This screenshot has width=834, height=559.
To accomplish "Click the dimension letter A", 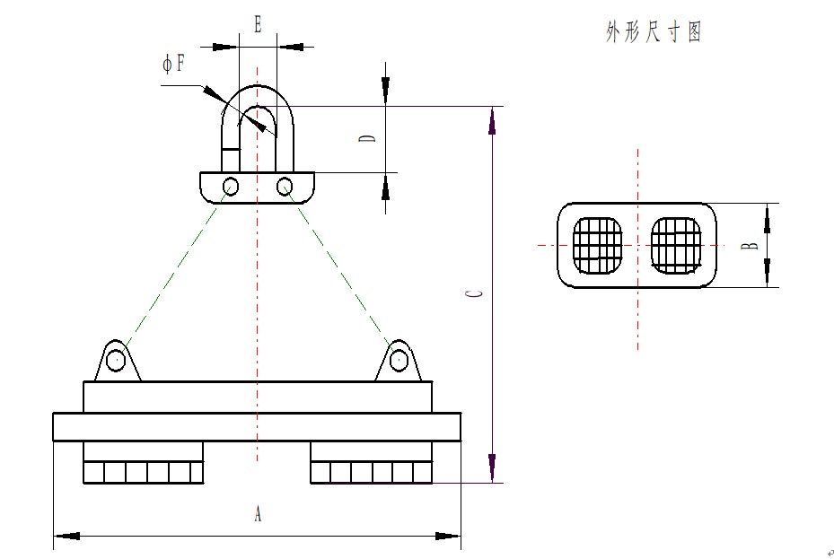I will pos(258,514).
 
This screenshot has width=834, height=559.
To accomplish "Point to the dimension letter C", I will pos(478,293).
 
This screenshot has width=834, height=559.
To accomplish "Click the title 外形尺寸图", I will pos(654,33).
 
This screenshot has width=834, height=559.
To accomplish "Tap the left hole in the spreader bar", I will pos(231,187).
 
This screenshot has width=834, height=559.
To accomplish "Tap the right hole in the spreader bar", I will pos(285,187).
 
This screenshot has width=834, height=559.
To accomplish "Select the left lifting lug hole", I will pos(115,361).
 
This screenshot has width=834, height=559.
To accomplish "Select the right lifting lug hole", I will pos(399,361).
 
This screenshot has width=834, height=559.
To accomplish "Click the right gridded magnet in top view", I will pos(676,245).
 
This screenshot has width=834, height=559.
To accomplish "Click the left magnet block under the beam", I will pos(143,463).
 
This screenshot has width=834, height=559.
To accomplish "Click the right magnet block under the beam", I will pos(371,463).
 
